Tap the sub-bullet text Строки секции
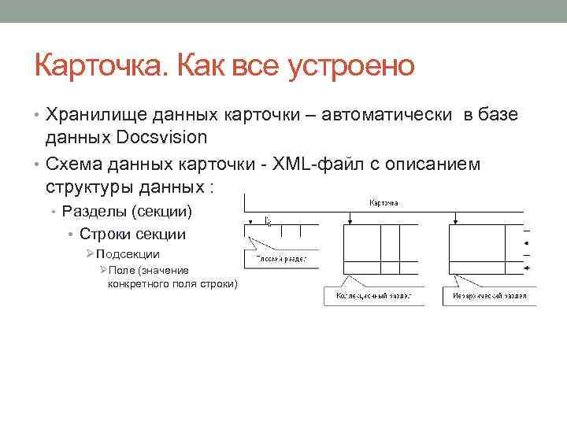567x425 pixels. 132,234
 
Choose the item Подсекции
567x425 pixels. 129,254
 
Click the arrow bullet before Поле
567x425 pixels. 102,270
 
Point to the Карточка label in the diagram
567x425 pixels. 384,202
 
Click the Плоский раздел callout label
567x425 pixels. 281,258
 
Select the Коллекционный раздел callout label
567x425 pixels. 374,297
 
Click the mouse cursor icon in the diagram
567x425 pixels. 269,222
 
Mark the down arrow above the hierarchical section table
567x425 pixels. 454,220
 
